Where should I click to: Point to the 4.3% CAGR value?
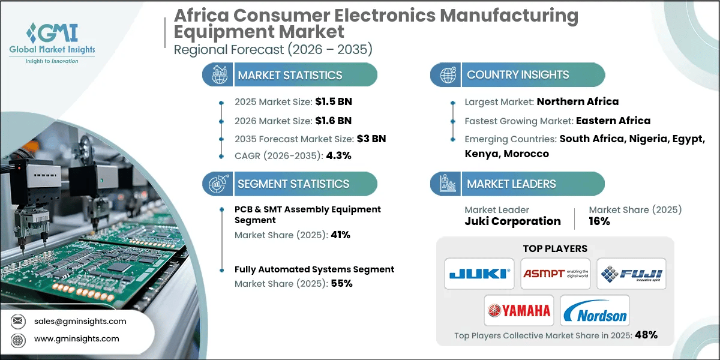click(x=339, y=155)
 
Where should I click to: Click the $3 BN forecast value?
click(x=372, y=139)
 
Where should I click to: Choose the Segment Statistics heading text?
click(x=293, y=184)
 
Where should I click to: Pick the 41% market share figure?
click(x=340, y=235)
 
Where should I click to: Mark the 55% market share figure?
click(x=341, y=283)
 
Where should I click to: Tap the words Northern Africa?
click(x=577, y=101)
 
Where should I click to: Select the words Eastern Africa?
click(x=613, y=121)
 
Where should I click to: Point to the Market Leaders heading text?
click(x=511, y=184)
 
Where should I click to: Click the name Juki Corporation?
click(x=512, y=221)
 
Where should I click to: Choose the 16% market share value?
click(x=599, y=221)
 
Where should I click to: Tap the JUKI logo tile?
click(x=479, y=274)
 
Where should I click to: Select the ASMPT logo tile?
click(x=556, y=274)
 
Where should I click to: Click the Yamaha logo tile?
click(x=518, y=311)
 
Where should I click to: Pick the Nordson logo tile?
click(x=595, y=311)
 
